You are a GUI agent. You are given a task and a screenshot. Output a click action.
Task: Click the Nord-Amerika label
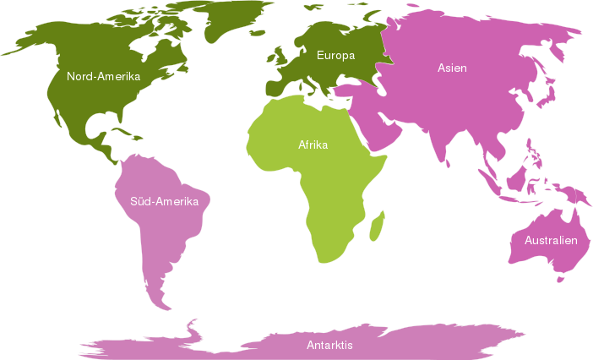(x=103, y=76)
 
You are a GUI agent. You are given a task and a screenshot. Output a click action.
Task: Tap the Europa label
(x=335, y=56)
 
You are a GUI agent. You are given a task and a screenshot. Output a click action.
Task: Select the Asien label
(x=452, y=68)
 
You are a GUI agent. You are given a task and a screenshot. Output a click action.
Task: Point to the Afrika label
(x=313, y=145)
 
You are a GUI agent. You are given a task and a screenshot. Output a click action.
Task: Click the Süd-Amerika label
(x=164, y=201)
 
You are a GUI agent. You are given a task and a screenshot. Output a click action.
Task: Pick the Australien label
(x=551, y=240)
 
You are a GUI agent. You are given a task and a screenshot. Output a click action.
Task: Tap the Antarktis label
(x=329, y=346)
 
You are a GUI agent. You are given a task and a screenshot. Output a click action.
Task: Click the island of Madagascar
(x=378, y=226)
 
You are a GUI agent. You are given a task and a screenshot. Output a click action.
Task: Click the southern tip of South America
(x=166, y=304)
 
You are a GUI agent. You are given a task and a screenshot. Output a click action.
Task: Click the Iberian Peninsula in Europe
(x=279, y=89)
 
